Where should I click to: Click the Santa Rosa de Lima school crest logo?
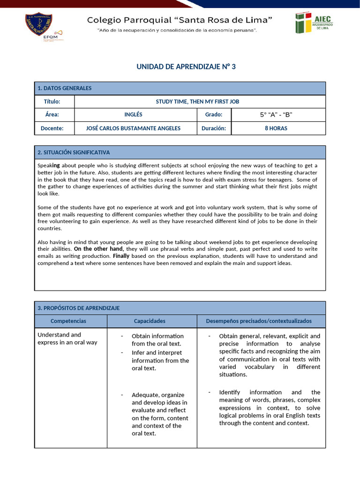(x=38, y=27)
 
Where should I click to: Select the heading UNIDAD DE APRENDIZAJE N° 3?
(x=186, y=67)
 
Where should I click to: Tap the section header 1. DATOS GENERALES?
(x=65, y=88)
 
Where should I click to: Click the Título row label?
(x=52, y=102)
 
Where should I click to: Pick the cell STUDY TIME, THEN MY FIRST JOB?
(x=200, y=102)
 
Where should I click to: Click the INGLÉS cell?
(x=133, y=115)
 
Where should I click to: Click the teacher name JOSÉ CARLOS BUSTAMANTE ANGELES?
(x=133, y=128)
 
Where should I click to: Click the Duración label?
(x=214, y=128)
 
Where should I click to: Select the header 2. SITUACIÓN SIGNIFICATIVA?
(x=74, y=152)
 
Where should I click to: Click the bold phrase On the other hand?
(x=99, y=249)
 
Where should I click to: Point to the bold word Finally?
(x=121, y=256)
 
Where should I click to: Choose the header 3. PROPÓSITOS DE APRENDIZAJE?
(x=78, y=308)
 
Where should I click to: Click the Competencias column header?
(x=68, y=321)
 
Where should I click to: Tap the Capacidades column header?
(x=150, y=321)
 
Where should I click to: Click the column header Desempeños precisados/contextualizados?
(x=259, y=321)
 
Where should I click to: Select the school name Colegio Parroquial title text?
(x=180, y=20)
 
